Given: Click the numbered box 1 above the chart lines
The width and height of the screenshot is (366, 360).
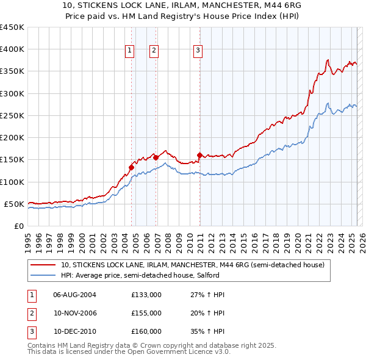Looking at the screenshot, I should coord(131,51).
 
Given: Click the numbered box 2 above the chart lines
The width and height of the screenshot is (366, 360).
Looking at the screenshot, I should coord(154,51).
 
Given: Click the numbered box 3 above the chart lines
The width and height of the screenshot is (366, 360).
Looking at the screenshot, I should coord(198,51).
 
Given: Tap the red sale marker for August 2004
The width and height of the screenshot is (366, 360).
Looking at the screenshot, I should coord(131,167).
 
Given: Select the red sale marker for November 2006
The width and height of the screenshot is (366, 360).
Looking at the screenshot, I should coord(156,157).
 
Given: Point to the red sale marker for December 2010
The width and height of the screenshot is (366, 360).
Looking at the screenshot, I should coord(200,155).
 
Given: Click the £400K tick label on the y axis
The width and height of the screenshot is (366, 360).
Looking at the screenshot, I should coord(12,49).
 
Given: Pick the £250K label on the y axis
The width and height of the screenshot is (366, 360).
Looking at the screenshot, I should coord(12,115).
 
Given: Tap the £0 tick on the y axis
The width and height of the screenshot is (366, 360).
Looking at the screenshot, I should coord(18,226).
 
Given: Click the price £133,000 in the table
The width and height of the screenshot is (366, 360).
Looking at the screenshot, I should coord(146,295).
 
